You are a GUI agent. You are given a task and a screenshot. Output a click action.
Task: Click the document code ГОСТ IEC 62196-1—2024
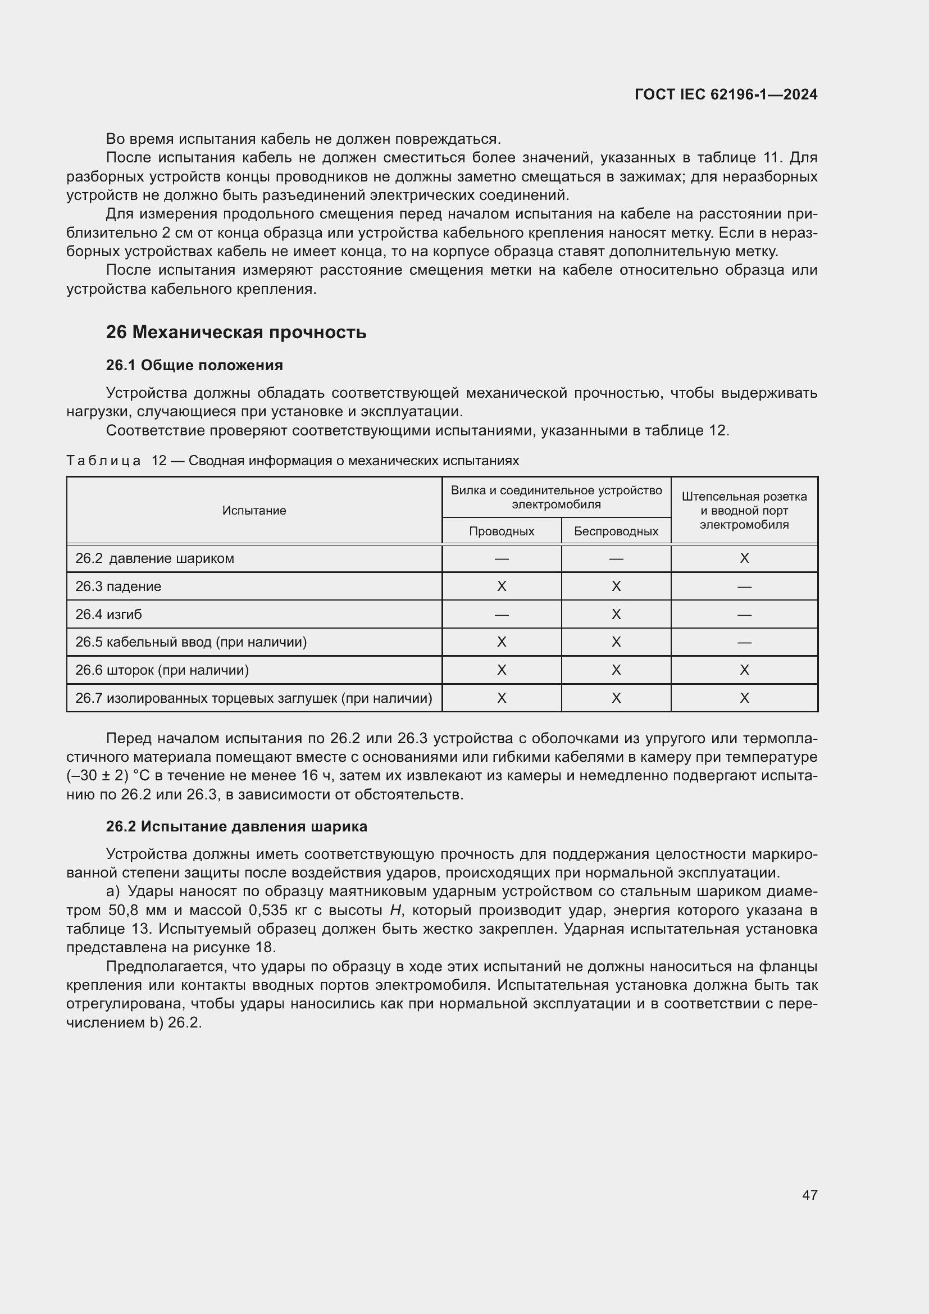[725, 94]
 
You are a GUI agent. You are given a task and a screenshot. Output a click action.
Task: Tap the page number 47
[809, 1195]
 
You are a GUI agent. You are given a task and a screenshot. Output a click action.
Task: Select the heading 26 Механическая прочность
[236, 332]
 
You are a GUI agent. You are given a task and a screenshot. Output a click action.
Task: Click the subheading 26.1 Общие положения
[194, 365]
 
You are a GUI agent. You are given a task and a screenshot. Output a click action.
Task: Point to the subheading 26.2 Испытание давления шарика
[236, 826]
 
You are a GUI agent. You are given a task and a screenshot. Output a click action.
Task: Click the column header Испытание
[254, 511]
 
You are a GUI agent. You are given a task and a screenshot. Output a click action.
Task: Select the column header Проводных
[501, 531]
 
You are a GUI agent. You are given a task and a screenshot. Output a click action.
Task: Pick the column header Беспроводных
[616, 531]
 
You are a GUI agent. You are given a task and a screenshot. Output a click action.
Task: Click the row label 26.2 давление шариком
[154, 558]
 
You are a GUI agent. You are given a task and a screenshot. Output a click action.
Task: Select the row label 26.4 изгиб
[109, 615]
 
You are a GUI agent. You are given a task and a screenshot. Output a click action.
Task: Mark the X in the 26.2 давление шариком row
[744, 558]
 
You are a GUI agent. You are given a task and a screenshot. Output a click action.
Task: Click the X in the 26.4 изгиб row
[616, 615]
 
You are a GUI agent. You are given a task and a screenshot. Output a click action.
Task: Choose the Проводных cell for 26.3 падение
[501, 586]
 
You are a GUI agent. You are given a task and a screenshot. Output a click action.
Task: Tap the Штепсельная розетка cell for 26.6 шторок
[744, 670]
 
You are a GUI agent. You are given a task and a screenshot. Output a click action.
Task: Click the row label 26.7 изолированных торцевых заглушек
[253, 698]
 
